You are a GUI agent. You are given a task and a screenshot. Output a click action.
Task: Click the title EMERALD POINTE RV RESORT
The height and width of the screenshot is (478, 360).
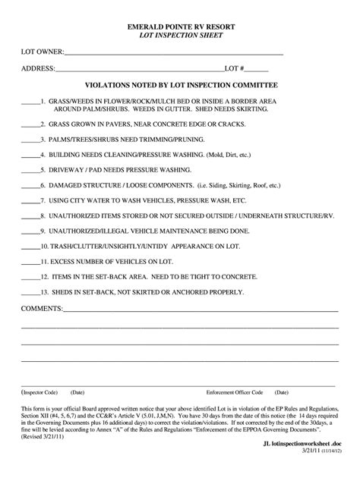(x=180, y=26)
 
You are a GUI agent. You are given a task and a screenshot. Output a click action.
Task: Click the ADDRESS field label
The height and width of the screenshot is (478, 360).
(x=37, y=69)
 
